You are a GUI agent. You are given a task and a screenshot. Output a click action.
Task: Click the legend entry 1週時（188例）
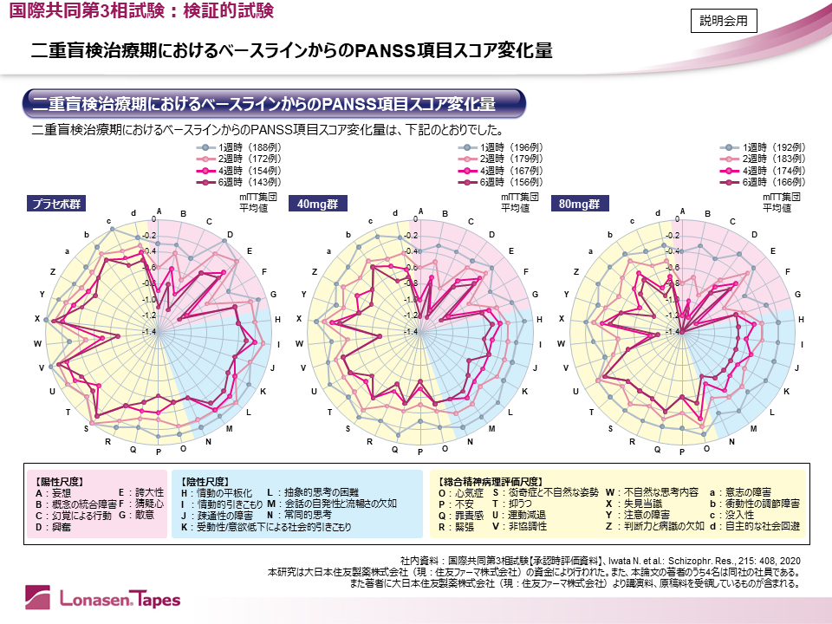(249, 147)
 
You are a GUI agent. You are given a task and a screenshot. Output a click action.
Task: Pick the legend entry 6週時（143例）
(249, 182)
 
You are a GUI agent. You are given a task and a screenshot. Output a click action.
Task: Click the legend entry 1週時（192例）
(774, 147)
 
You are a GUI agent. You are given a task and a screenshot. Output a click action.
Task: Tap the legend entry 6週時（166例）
(774, 182)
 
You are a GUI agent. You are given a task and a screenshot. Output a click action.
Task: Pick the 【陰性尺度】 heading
(205, 480)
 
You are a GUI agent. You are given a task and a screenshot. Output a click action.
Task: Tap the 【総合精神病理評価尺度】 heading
(491, 480)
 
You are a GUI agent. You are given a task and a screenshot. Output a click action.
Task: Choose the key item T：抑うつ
(513, 504)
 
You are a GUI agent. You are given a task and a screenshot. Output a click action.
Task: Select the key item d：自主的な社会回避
(755, 526)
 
